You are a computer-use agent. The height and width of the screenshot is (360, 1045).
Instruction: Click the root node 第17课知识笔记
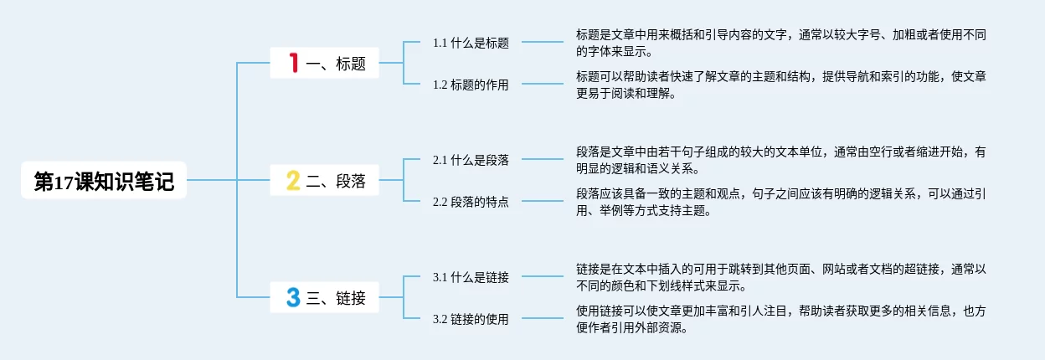104,180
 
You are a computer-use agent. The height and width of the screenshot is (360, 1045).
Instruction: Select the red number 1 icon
293,63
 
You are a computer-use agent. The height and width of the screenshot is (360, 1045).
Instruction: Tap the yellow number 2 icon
293,180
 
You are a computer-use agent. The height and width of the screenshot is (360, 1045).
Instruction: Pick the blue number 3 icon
293,297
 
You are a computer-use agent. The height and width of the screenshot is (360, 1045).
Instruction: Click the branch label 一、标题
336,64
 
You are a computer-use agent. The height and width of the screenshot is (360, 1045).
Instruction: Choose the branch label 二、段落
336,181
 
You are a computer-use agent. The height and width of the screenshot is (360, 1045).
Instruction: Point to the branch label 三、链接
336,297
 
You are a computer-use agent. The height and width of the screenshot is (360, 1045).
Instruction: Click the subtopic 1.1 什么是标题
471,43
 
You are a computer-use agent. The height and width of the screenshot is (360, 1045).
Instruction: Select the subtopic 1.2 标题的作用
471,85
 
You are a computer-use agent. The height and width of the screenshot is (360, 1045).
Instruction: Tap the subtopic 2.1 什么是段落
471,160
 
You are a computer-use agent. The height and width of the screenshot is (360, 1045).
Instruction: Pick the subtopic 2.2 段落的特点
471,202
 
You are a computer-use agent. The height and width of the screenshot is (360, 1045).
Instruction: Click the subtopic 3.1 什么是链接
471,277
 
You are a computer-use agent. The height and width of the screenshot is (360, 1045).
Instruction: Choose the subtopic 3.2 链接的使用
471,319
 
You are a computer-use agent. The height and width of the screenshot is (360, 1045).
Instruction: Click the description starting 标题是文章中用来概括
780,43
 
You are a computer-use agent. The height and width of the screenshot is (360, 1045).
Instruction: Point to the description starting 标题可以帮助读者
780,85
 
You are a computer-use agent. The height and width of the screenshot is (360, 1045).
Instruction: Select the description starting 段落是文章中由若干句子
780,160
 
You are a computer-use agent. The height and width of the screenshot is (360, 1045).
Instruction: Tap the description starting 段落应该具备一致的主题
780,202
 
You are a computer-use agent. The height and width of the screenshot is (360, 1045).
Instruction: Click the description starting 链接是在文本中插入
780,277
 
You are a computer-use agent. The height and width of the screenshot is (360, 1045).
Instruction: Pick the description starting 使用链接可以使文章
780,319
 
